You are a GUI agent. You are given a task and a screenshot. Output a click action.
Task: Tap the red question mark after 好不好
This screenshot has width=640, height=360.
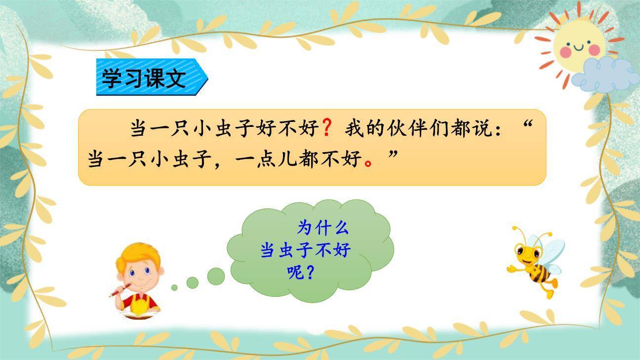pyautogui.click(x=326, y=129)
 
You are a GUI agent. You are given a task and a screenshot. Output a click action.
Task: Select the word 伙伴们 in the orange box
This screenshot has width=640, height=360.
pyautogui.click(x=413, y=129)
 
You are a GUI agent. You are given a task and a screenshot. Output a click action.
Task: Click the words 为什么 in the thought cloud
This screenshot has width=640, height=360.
pyautogui.click(x=323, y=228)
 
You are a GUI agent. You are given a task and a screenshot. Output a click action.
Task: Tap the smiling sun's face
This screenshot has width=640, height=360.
pyautogui.click(x=578, y=44)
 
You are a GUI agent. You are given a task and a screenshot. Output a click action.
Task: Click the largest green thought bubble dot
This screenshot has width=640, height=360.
pyautogui.click(x=215, y=277)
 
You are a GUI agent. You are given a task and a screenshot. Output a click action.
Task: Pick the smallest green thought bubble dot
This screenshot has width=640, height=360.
pyautogui.click(x=174, y=287)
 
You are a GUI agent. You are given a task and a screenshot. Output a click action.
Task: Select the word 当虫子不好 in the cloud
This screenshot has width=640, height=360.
pyautogui.click(x=306, y=250)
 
